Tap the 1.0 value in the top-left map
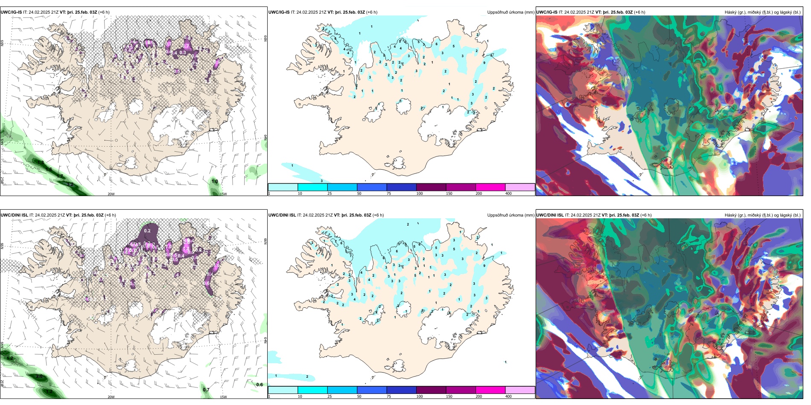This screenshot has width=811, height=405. click(x=215, y=181)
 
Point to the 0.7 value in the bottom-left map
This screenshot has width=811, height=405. click(x=206, y=390)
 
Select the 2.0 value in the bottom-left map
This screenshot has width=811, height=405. click(x=39, y=376)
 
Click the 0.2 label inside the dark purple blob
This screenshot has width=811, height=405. click(x=147, y=231)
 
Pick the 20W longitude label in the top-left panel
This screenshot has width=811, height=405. click(x=111, y=194)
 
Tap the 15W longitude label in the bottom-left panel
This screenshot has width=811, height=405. click(x=223, y=397)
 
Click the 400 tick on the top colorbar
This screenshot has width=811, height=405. click(x=508, y=194)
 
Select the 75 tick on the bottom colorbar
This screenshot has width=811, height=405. click(x=389, y=396)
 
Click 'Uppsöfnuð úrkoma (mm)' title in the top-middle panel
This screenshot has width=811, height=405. click(x=511, y=12)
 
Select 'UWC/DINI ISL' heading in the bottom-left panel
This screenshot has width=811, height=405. click(x=14, y=215)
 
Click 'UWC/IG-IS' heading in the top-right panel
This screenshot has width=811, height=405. click(x=547, y=12)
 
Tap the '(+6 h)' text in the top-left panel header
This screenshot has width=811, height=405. click(x=104, y=12)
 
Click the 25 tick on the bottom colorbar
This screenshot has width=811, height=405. click(x=330, y=396)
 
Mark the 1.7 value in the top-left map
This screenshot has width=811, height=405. click(x=60, y=176)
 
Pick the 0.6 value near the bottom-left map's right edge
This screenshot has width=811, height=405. click(x=260, y=385)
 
